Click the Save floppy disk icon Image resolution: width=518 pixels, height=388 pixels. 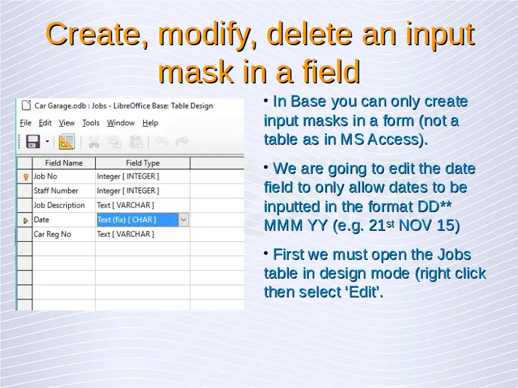point(33,142)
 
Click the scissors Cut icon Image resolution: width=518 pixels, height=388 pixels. point(94,142)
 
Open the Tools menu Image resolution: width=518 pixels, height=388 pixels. point(91,123)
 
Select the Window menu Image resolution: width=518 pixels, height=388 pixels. point(120,123)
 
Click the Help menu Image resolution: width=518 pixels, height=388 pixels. point(150,123)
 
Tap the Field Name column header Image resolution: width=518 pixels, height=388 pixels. point(63,163)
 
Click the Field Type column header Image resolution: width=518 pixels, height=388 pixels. point(142,163)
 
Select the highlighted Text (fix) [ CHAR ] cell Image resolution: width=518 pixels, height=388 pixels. point(137,220)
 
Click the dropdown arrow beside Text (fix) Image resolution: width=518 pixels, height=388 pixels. point(184,220)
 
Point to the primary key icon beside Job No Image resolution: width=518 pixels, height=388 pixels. point(26,177)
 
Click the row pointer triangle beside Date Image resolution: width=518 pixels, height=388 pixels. point(25,221)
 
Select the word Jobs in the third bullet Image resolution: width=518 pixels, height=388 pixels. point(455,255)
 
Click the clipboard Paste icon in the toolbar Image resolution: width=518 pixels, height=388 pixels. point(136,142)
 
